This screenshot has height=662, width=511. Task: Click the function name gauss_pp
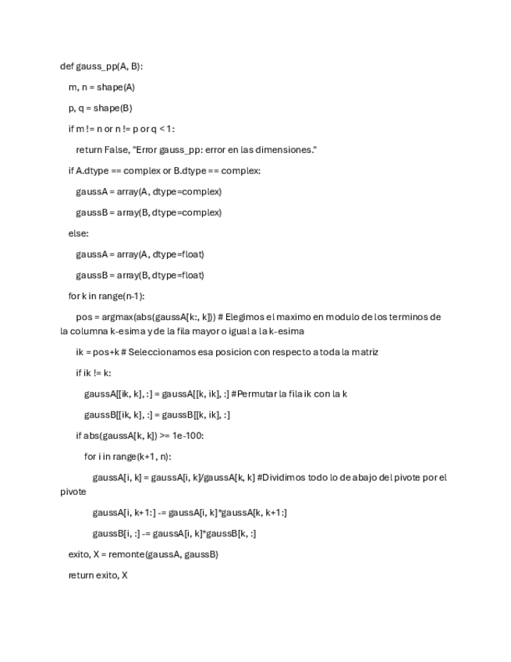pyautogui.click(x=97, y=66)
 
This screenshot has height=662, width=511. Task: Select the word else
pyautogui.click(x=78, y=233)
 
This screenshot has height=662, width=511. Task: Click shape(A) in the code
pyautogui.click(x=115, y=87)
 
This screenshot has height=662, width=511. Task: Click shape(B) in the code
pyautogui.click(x=114, y=109)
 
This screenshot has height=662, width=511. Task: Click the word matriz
pyautogui.click(x=363, y=352)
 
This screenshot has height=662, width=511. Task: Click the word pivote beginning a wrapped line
pyautogui.click(x=73, y=493)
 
